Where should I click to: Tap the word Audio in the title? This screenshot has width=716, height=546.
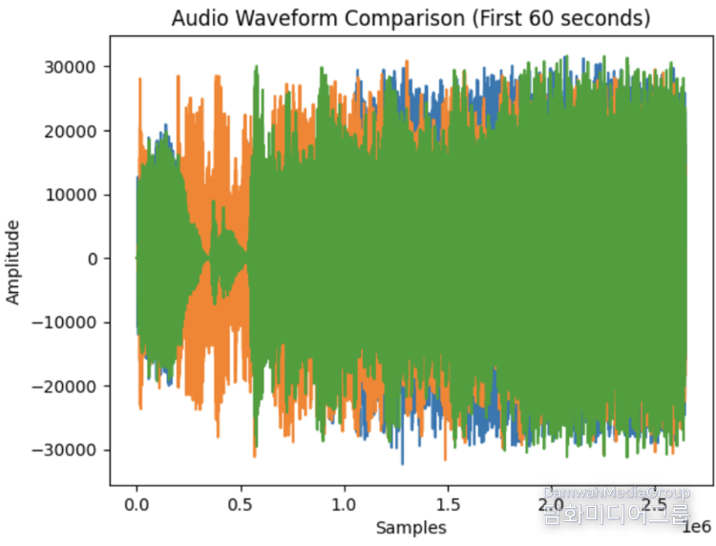tap(195, 19)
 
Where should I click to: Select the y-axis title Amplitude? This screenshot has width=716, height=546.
tap(13, 261)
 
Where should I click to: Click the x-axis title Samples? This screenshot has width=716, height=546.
tap(411, 527)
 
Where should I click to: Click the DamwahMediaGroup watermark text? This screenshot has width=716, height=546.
tap(617, 493)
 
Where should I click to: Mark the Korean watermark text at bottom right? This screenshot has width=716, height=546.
tap(617, 518)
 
